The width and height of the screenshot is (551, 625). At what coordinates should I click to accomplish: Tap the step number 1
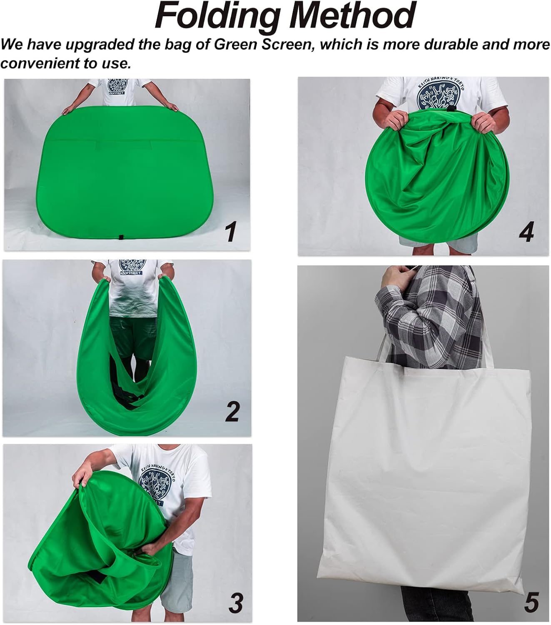click(x=230, y=232)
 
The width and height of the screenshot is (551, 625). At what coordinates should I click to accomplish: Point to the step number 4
click(x=526, y=232)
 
